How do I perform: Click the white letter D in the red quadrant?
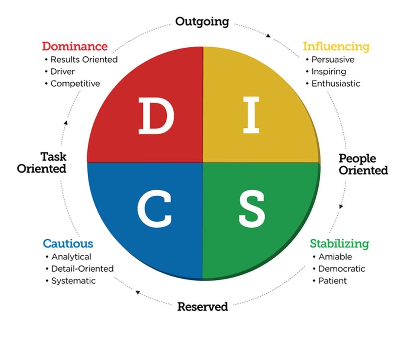(x=156, y=116)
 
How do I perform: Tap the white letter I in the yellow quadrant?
(x=251, y=115)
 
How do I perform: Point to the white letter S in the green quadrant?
(x=252, y=209)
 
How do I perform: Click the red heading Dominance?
(x=75, y=46)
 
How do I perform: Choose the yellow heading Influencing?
(x=336, y=46)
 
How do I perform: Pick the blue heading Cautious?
(x=68, y=243)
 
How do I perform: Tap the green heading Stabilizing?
(x=339, y=243)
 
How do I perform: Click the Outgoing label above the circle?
(x=202, y=21)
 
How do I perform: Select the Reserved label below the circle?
(x=202, y=307)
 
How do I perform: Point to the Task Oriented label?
(x=42, y=162)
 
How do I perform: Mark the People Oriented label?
(x=363, y=164)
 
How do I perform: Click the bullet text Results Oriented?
(x=84, y=60)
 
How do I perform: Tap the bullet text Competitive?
(x=75, y=84)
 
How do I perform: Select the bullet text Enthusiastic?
(x=336, y=84)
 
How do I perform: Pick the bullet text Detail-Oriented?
(x=82, y=269)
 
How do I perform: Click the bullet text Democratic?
(x=341, y=269)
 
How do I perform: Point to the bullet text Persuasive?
(x=333, y=60)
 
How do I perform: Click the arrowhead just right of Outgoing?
(x=268, y=36)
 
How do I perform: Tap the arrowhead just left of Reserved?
(x=138, y=292)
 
